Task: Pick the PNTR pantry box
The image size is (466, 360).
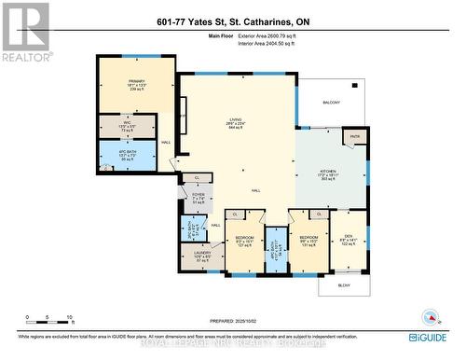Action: [x=355, y=136]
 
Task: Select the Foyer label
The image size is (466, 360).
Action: [x=197, y=197]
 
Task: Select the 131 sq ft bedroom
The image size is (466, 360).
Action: [x=308, y=240]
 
